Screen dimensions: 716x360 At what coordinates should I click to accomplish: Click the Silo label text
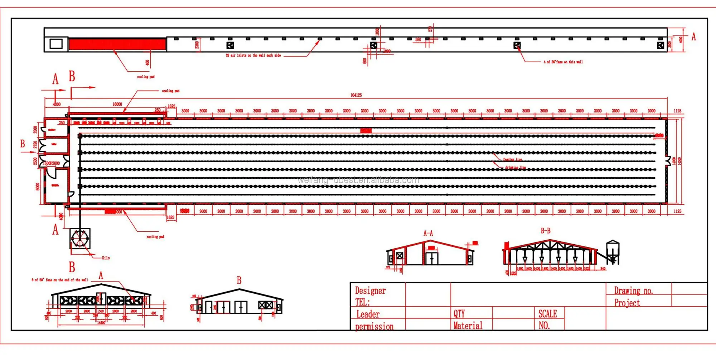point(106,258)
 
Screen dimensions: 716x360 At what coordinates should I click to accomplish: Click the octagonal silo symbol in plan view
point(80,239)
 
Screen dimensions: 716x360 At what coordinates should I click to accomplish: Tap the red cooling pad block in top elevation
point(117,44)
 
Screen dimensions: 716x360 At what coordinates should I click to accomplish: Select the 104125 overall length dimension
point(356,95)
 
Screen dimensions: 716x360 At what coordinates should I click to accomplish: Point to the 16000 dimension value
point(117,104)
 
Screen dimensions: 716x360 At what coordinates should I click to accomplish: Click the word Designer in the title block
point(370,291)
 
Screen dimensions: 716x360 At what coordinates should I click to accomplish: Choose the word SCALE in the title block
point(547,314)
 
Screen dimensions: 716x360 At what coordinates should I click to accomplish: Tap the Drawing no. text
point(633,291)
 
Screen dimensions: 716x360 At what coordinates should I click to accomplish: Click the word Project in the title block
point(627,303)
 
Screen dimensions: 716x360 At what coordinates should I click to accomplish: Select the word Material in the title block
point(468,326)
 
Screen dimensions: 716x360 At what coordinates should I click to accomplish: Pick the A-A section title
point(428,234)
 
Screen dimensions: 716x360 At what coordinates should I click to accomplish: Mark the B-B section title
point(545,231)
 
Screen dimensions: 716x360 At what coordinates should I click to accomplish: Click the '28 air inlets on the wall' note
point(253,56)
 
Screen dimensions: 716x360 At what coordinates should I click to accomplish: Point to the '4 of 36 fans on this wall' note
point(563,62)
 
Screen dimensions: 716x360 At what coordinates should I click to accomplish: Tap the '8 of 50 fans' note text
point(59,280)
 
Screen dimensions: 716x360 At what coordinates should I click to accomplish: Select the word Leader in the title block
point(368,315)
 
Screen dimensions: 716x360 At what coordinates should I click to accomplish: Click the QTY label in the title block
point(459,314)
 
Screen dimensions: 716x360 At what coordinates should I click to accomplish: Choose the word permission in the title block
point(374,326)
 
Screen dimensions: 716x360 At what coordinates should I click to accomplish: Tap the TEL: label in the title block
point(362,302)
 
